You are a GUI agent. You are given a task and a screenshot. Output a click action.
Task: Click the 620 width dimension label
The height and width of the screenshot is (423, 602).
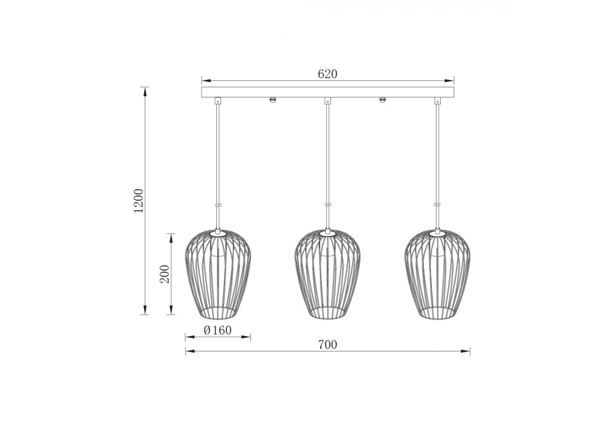328,74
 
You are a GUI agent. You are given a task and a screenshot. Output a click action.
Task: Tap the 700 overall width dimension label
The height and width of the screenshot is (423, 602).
327,345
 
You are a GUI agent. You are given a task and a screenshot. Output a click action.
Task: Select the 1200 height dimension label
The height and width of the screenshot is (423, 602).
138,201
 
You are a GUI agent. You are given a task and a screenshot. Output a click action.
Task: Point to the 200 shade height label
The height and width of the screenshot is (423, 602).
165,274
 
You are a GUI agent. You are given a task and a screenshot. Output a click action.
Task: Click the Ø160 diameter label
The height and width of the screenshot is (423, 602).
218,330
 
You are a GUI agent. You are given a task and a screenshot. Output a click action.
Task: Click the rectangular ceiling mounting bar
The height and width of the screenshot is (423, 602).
328,92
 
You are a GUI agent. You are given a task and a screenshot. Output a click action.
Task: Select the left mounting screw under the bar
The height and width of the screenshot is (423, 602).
272,100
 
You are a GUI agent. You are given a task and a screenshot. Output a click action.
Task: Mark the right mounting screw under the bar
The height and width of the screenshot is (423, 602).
382,100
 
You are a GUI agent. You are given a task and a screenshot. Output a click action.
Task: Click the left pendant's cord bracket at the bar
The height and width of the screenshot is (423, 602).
218,100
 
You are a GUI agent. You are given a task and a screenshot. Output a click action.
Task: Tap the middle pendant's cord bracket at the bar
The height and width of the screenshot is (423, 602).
328,100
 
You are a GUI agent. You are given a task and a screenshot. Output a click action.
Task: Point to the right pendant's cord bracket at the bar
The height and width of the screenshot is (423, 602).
438,100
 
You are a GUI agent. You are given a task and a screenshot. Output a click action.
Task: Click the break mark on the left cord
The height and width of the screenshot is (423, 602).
218,205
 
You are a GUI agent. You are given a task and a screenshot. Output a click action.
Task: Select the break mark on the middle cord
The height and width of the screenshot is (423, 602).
328,205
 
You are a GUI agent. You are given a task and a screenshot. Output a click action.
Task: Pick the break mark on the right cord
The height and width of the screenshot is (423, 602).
438,205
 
